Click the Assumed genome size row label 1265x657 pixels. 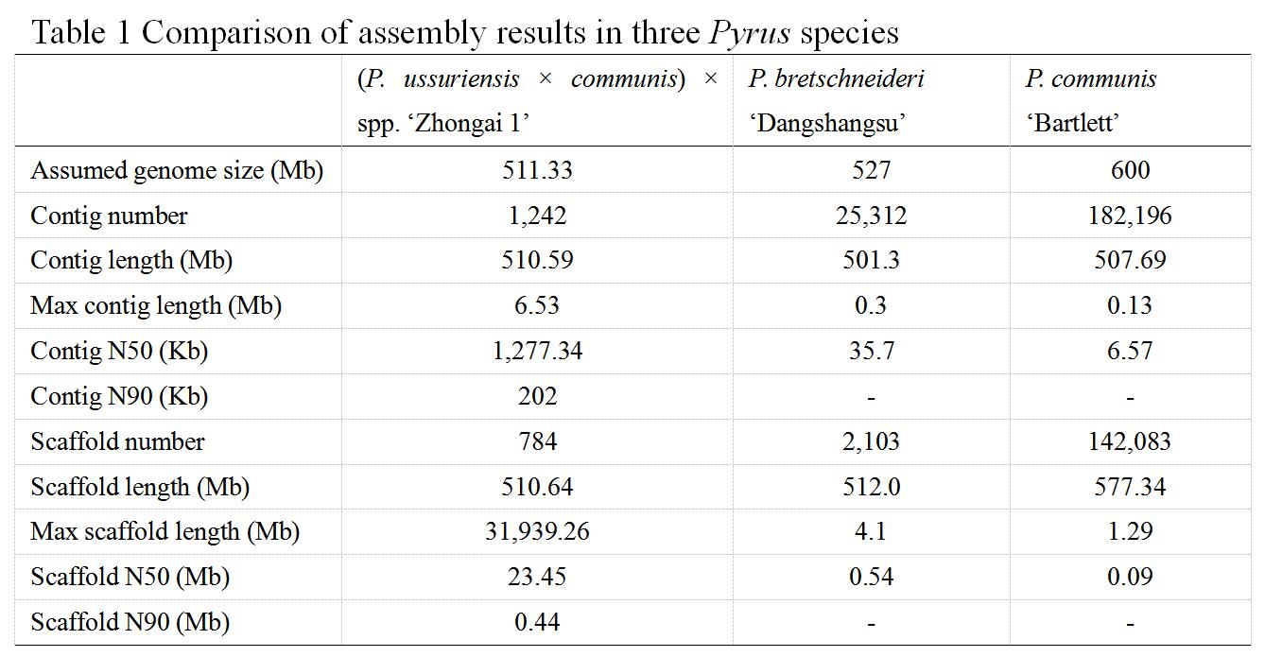click(x=177, y=171)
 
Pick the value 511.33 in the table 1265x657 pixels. click(x=537, y=171)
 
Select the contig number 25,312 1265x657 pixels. click(x=870, y=216)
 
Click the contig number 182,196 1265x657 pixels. click(x=1130, y=216)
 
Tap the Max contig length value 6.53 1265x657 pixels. click(x=537, y=306)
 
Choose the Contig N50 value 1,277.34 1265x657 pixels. click(x=537, y=352)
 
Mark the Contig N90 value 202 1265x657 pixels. click(x=537, y=397)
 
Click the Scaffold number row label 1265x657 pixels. click(x=117, y=441)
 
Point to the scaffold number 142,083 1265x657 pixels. click(x=1130, y=441)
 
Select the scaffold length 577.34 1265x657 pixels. click(x=1130, y=487)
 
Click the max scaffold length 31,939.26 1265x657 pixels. click(x=537, y=532)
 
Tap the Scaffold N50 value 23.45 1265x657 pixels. click(x=537, y=577)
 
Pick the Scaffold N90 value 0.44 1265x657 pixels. click(x=537, y=622)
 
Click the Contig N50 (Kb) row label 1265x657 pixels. click(x=119, y=352)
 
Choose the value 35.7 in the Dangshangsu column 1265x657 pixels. click(x=870, y=352)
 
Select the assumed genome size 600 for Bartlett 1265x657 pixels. click(x=1130, y=171)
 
